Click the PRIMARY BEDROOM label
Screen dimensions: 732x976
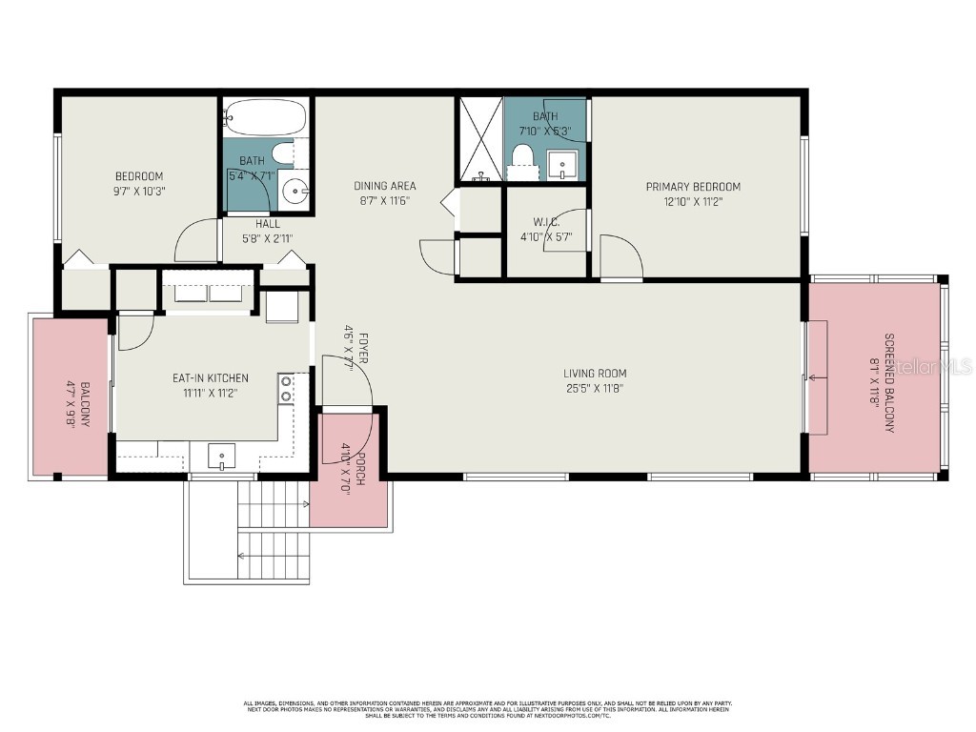coord(693,187)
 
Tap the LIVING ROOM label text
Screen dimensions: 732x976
coord(595,374)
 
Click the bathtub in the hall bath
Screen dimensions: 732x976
coord(266,119)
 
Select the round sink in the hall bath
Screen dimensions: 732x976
coord(297,192)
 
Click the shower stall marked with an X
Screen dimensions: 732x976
coord(479,139)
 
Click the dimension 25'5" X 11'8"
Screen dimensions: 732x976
coord(595,388)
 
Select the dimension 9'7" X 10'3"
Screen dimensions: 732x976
coord(139,190)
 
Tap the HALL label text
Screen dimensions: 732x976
coord(267,224)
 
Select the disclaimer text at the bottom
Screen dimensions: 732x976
coord(488,708)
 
